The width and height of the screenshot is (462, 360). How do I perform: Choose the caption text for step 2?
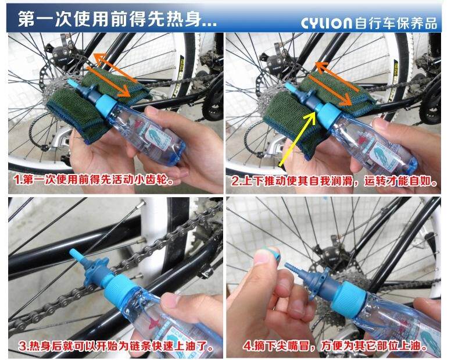coord(334,181)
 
